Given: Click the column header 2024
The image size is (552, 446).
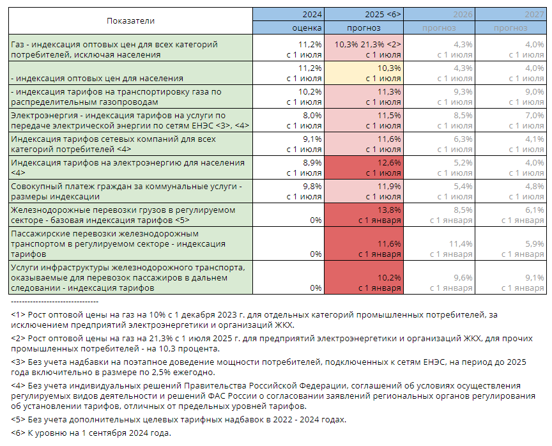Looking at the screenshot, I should [312, 13].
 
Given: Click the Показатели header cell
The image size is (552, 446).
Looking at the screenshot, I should [130, 20].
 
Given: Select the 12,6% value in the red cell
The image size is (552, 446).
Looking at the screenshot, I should [390, 162].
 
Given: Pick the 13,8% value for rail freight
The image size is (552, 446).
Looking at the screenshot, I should [390, 210].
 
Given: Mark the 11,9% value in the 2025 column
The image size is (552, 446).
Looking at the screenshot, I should [390, 186].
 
